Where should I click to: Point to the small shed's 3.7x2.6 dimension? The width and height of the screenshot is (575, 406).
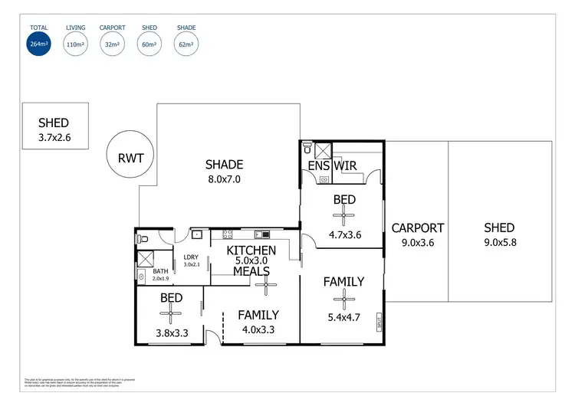click(54, 139)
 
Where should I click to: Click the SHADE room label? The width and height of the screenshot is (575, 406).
click(224, 165)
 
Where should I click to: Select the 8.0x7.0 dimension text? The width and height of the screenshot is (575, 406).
click(224, 180)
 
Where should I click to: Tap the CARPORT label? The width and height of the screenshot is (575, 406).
click(418, 228)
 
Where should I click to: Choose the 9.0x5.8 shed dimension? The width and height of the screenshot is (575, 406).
click(499, 243)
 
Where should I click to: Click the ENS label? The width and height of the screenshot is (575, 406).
click(318, 165)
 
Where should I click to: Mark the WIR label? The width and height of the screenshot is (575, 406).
click(345, 165)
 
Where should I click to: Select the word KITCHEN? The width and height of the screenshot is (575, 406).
click(251, 250)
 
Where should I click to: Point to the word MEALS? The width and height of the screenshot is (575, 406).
click(251, 272)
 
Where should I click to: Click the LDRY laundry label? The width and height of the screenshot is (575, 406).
click(191, 257)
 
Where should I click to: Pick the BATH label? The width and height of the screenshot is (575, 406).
click(160, 271)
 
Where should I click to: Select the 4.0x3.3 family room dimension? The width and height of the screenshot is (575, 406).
click(258, 330)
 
